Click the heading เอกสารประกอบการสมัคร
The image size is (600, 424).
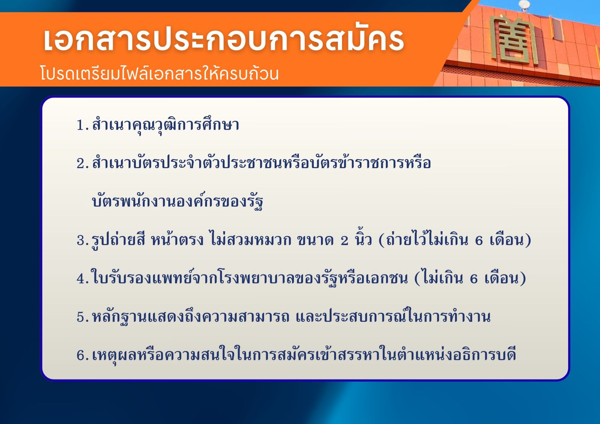click(x=223, y=40)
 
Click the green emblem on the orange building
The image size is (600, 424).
click(x=514, y=40)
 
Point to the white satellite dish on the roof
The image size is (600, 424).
click(x=524, y=5)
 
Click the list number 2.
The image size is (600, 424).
click(x=82, y=163)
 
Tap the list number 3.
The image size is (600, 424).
click(x=82, y=240)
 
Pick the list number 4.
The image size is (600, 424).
click(x=82, y=278)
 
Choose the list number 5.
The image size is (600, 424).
click(x=82, y=317)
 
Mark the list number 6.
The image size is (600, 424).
click(x=82, y=355)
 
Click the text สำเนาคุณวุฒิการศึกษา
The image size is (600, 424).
click(x=165, y=125)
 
